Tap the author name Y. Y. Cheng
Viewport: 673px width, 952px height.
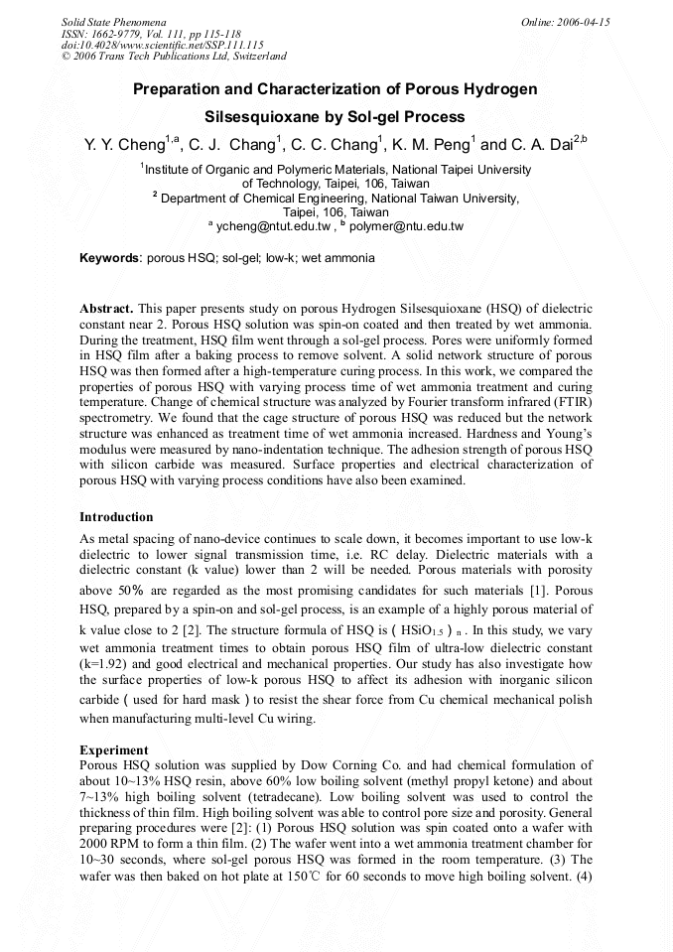[124, 145]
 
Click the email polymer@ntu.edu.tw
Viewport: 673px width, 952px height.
[407, 226]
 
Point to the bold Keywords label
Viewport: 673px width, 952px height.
[110, 258]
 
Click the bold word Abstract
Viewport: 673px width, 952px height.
[105, 309]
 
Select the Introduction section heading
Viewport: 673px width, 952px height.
[116, 517]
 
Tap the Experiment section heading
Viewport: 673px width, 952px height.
[114, 750]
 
